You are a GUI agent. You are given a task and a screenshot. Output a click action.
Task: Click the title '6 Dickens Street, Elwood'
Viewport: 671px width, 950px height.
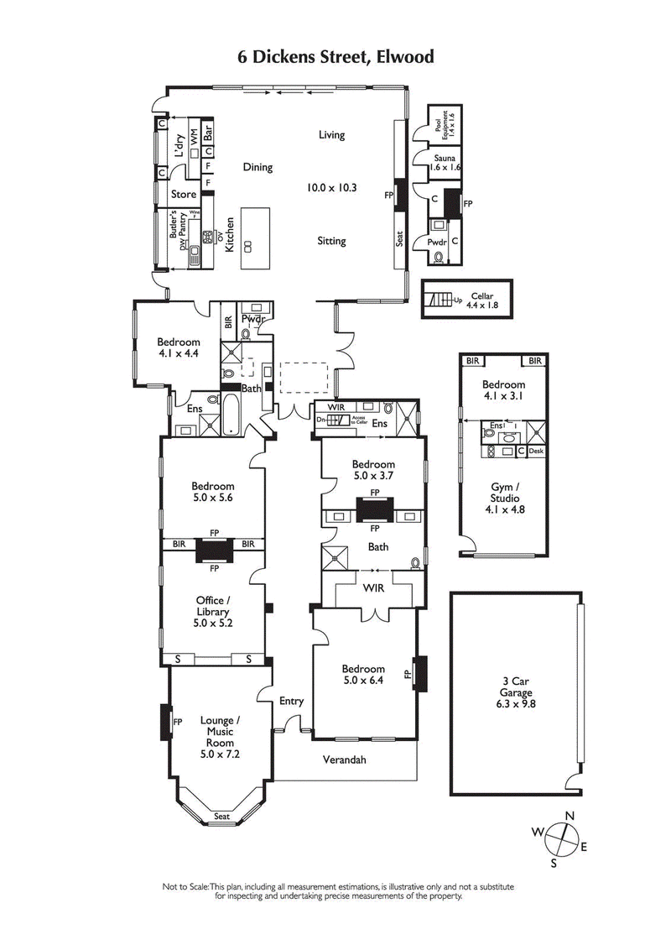[x=335, y=57]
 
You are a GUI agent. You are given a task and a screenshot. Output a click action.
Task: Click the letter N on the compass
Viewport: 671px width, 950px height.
[x=570, y=815]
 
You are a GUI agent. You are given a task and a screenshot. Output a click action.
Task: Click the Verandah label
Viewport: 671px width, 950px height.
[x=345, y=760]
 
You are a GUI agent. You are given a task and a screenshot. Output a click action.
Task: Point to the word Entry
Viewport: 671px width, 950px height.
[x=291, y=701]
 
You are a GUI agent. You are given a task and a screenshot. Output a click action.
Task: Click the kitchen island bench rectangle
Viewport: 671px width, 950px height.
[x=257, y=237]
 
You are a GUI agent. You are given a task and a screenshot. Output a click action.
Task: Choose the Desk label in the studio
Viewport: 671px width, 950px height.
[x=537, y=451]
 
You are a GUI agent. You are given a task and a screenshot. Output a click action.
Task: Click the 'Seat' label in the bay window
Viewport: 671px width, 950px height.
[x=221, y=817]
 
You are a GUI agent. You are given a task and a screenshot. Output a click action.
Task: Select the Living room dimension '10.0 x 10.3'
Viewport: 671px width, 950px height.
[x=331, y=188]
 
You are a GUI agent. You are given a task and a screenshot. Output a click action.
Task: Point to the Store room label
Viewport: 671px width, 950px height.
[x=184, y=194]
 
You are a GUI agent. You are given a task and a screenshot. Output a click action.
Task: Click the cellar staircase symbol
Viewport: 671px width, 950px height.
[x=441, y=300]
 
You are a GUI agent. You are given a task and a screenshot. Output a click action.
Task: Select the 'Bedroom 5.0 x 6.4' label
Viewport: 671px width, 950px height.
[x=362, y=675]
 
